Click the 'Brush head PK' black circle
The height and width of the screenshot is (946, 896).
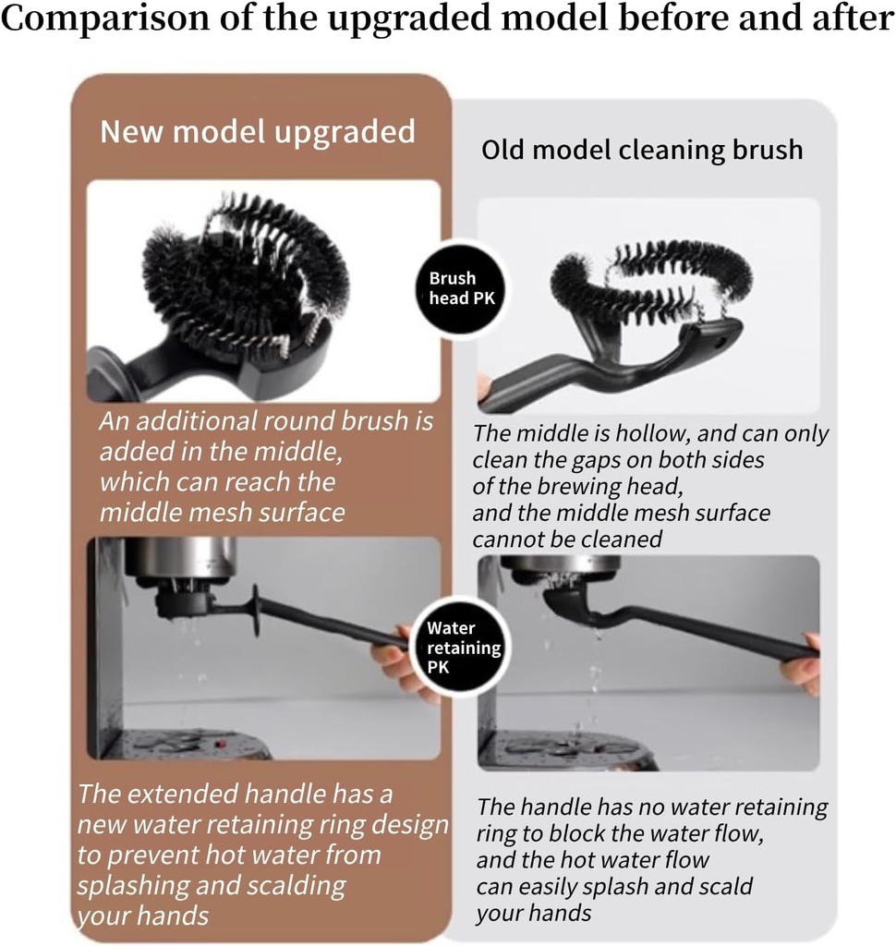click(x=453, y=288)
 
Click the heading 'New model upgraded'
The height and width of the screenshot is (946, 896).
click(x=257, y=132)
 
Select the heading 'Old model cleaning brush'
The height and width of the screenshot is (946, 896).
click(x=642, y=150)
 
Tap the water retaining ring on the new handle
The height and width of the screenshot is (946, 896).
click(x=254, y=611)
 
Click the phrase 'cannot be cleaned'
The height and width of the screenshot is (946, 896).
click(x=567, y=540)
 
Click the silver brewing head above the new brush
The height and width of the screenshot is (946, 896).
click(x=180, y=559)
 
